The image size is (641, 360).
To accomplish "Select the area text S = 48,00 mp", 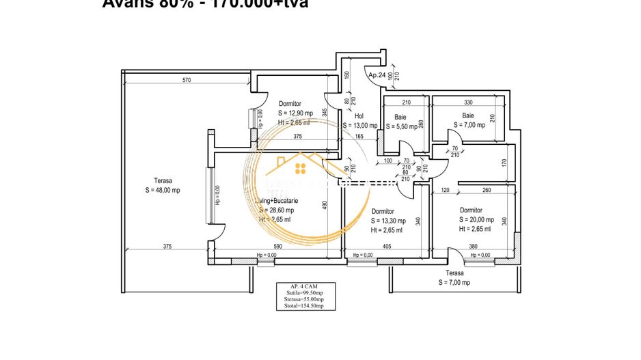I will point(162,191).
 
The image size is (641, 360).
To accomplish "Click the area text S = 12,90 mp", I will point(295,113).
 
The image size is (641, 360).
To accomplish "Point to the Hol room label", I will point(359,116).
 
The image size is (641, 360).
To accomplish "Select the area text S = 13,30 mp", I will point(388,221).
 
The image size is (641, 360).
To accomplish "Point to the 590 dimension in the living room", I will point(277,247).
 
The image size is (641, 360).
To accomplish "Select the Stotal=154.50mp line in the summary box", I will point(305,306).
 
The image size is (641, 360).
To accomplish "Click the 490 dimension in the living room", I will point(327,204).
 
